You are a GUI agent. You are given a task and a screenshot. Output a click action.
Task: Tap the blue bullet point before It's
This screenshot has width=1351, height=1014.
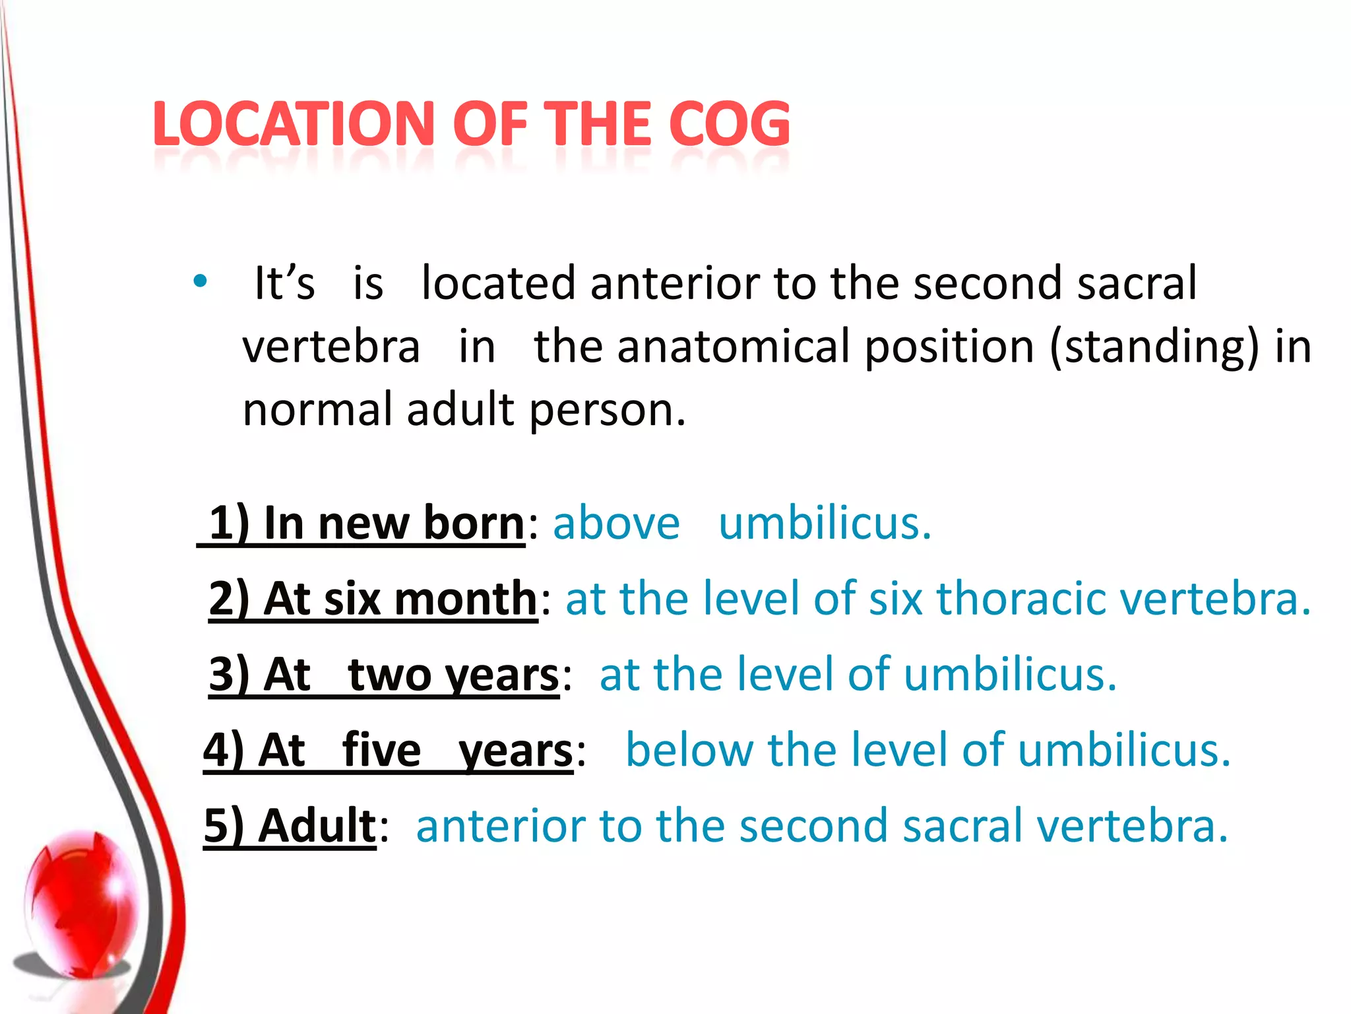click(x=200, y=282)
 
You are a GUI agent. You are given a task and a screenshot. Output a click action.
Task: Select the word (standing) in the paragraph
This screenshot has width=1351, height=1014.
click(x=1154, y=347)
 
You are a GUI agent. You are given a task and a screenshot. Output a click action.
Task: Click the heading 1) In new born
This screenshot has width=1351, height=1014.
click(x=366, y=523)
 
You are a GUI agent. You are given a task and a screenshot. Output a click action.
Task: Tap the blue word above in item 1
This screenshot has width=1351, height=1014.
click(x=616, y=523)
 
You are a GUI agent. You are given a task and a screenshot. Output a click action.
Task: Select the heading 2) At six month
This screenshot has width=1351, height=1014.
click(x=373, y=598)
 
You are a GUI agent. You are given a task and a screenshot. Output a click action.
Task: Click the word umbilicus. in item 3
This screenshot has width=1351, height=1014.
click(x=1010, y=675)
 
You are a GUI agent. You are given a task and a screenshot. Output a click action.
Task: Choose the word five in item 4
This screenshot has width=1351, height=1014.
click(x=381, y=751)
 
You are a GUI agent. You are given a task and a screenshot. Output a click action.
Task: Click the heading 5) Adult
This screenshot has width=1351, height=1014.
click(x=290, y=826)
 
